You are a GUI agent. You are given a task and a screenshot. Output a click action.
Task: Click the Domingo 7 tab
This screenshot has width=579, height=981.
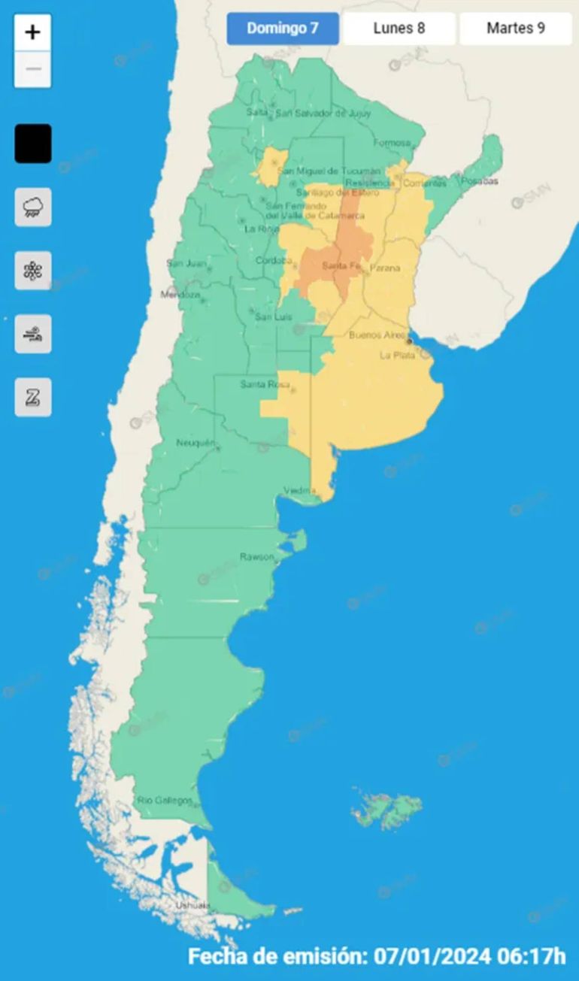point(283,29)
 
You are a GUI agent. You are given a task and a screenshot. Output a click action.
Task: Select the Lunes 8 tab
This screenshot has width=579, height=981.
point(399,29)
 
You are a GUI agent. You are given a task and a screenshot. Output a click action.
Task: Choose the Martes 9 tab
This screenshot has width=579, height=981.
point(516,29)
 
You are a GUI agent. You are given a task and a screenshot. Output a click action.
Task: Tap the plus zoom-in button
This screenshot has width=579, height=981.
point(33,32)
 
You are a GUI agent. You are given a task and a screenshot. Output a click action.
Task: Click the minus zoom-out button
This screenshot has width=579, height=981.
point(33,70)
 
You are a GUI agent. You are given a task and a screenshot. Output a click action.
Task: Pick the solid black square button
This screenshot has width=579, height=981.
point(33,144)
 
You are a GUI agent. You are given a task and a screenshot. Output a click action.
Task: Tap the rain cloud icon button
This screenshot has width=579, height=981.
point(33,207)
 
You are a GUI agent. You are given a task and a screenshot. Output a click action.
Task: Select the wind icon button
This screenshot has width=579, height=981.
point(33,334)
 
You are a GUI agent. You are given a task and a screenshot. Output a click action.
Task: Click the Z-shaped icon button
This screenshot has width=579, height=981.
point(33,397)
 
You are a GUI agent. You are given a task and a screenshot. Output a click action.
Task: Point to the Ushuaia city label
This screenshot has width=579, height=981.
point(191,906)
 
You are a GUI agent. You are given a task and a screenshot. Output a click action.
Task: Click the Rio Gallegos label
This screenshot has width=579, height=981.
point(164,801)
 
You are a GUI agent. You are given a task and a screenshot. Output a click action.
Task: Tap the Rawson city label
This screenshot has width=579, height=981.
point(256,557)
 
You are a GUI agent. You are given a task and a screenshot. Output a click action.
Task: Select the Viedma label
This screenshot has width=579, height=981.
point(299,491)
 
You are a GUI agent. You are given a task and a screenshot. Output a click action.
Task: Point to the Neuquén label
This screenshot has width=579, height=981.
point(196,443)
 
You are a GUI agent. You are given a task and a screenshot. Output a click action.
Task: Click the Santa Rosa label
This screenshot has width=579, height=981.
point(260,385)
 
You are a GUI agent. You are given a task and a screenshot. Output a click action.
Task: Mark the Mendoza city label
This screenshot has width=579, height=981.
point(180,295)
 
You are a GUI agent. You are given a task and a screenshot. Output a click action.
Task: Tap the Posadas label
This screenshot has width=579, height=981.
point(480,181)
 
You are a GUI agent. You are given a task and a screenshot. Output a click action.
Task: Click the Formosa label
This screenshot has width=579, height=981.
point(393,143)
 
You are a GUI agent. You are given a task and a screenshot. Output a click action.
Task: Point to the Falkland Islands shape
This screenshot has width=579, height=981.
point(387,810)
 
